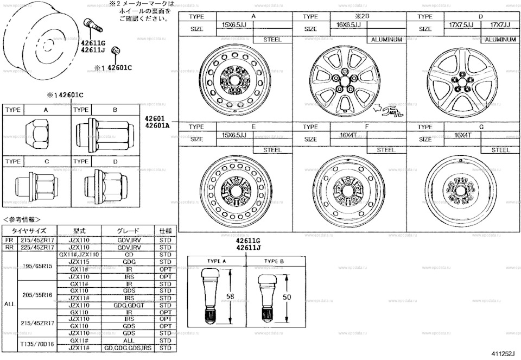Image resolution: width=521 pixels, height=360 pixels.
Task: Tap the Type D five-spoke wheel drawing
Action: tap(459, 82)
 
